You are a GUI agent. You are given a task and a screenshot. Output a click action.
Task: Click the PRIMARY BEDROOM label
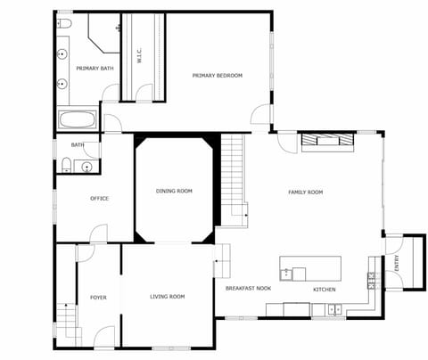[x=217, y=76]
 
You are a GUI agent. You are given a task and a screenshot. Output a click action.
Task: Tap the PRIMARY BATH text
[x=94, y=69]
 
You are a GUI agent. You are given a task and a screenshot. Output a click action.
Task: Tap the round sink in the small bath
[x=86, y=166]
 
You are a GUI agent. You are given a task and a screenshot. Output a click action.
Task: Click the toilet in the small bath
[x=66, y=163]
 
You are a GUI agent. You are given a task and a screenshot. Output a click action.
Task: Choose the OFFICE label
[x=99, y=198]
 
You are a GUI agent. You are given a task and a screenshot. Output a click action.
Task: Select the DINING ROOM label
[x=174, y=191]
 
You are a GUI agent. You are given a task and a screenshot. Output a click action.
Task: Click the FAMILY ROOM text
[x=305, y=192]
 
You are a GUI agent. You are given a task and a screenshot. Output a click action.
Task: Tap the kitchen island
[x=310, y=268]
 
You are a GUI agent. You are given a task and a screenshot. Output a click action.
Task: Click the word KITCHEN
[x=324, y=290]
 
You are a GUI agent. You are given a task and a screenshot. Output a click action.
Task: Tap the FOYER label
[x=98, y=297]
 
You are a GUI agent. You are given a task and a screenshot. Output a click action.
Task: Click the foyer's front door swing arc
[x=105, y=336]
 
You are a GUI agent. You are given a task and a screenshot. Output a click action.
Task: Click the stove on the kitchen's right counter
[x=370, y=278]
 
